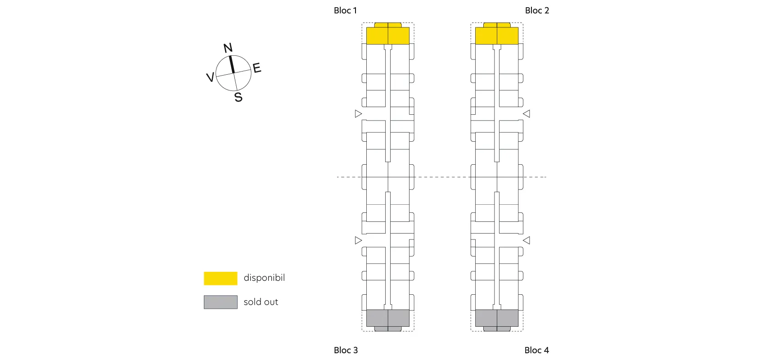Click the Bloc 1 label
345,10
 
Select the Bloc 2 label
537,10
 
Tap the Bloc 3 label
346,350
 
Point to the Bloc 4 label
536,350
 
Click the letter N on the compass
228,48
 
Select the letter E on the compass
257,68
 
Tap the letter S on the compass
238,97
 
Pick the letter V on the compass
210,77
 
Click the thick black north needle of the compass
232,64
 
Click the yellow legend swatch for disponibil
220,278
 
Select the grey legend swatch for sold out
220,302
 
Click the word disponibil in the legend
264,278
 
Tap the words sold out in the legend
261,302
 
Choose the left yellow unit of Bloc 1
377,35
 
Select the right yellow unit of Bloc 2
508,35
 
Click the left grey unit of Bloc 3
377,318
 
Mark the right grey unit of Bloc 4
508,318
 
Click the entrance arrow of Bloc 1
358,114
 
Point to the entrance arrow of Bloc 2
526,114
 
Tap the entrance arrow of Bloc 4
526,240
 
